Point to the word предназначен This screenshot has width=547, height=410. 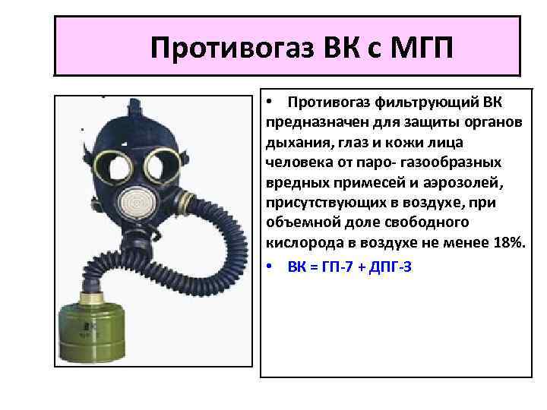pos(312,122)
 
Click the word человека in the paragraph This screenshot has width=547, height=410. pos(298,162)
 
